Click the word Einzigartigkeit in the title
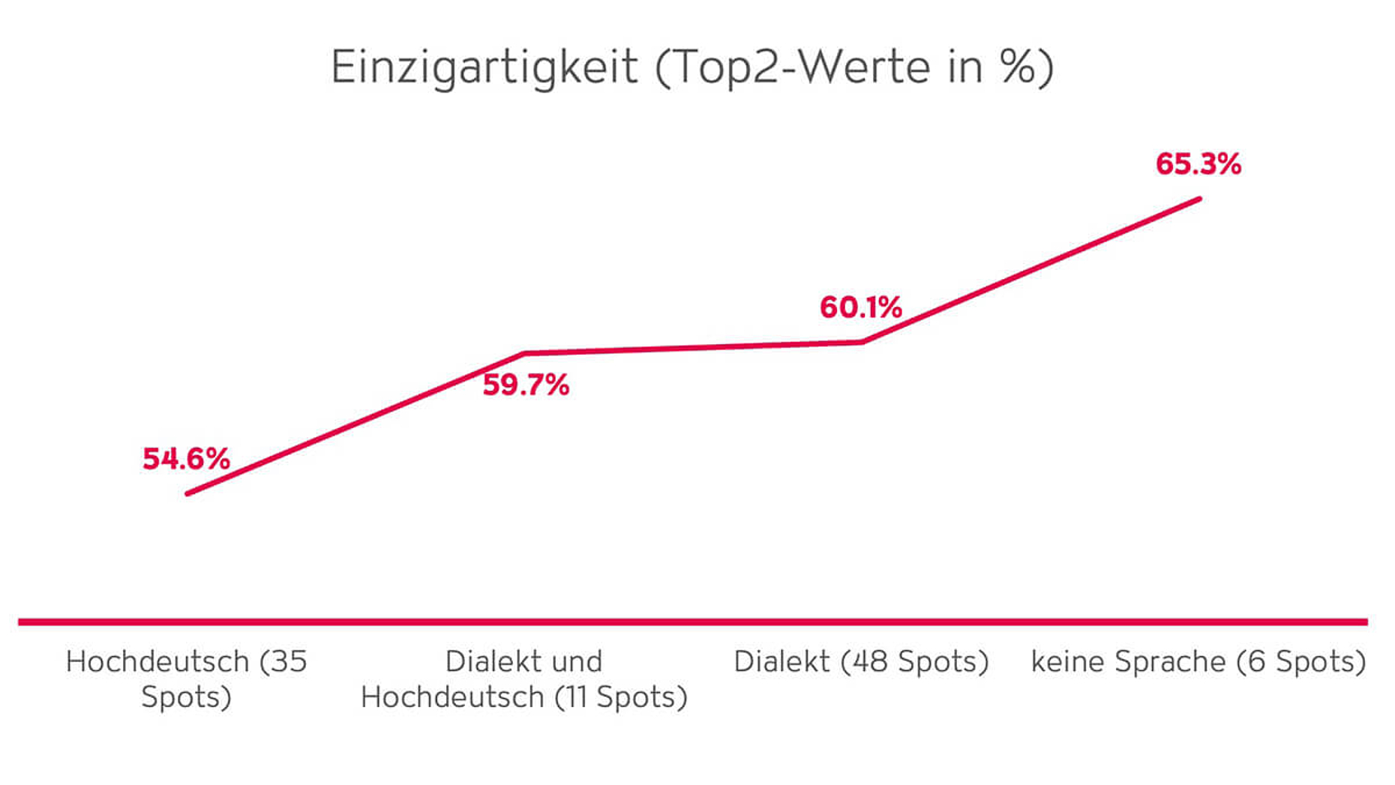(484, 67)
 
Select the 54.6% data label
(186, 459)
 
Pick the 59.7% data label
(526, 385)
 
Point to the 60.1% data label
(860, 307)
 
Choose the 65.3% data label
(1198, 164)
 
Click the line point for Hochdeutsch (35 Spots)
(187, 493)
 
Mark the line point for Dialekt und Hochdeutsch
(524, 353)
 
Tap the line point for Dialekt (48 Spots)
(862, 342)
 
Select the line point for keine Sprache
(1198, 199)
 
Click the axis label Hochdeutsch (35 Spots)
(186, 679)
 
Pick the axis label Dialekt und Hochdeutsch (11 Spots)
(523, 679)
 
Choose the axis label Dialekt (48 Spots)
(861, 662)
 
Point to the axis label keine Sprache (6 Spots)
(1198, 662)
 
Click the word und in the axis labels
(574, 662)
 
